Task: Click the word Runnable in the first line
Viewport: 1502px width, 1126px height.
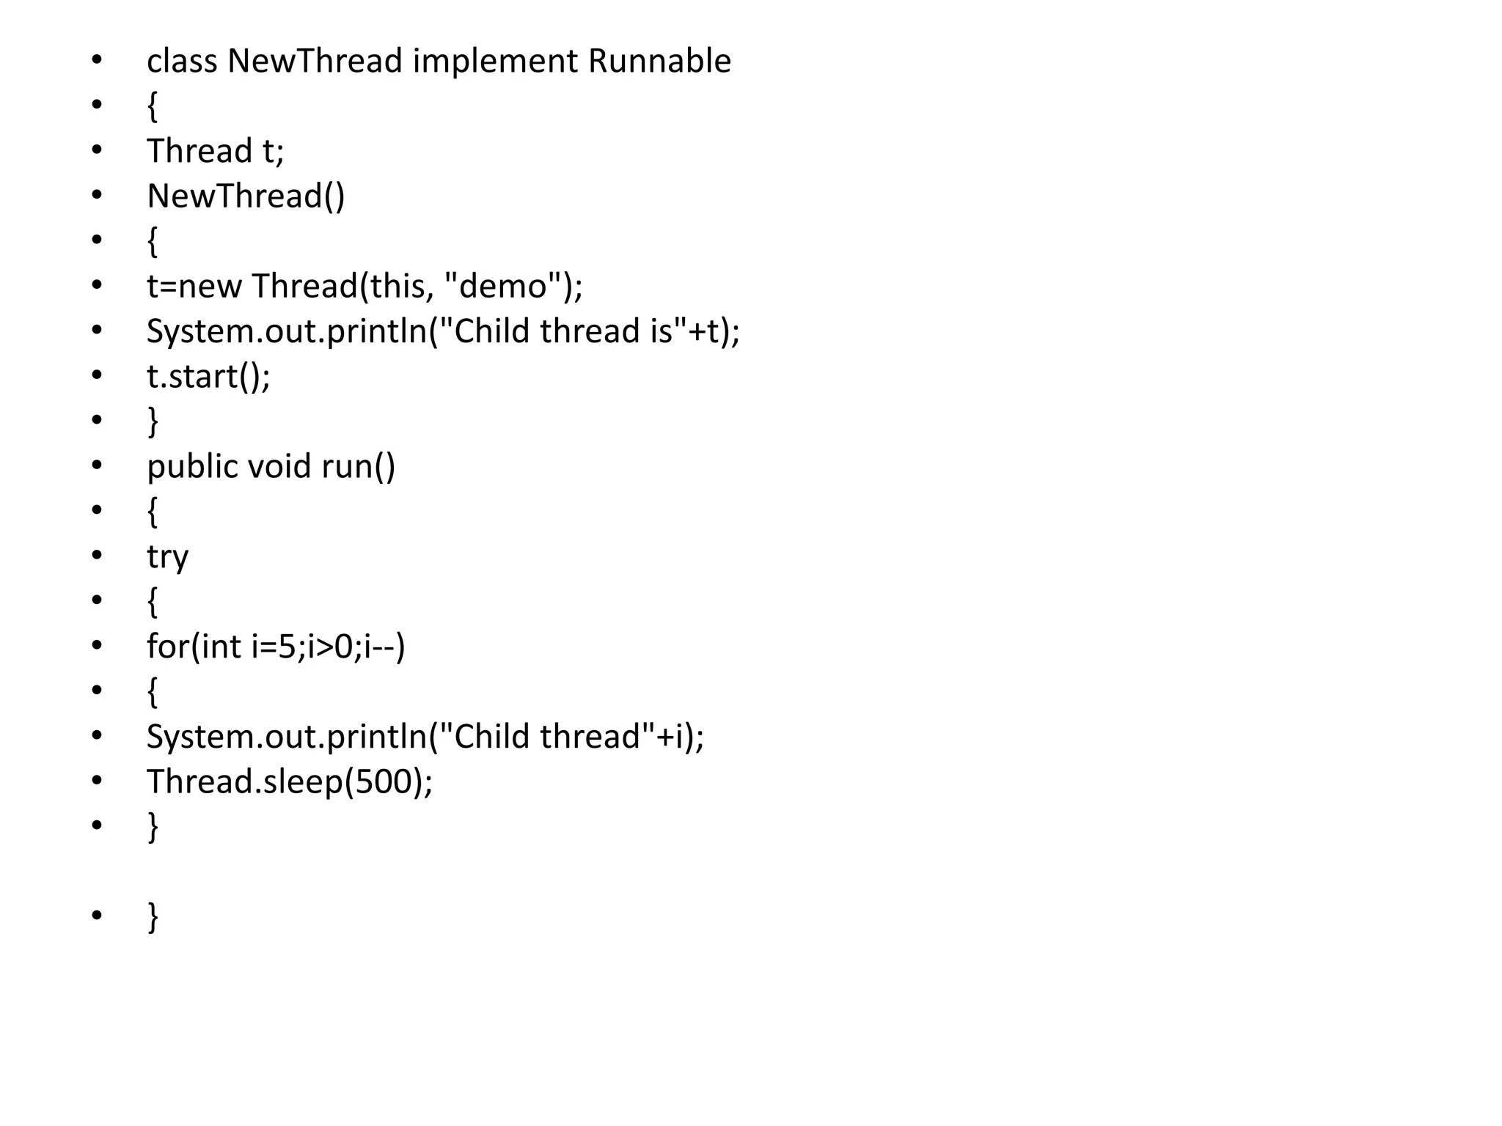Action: pos(659,61)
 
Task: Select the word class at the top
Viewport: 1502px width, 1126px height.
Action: pos(182,61)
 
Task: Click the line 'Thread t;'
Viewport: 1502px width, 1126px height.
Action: pos(215,151)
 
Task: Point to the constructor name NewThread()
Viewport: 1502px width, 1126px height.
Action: pos(246,196)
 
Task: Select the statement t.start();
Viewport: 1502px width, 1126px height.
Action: pos(208,376)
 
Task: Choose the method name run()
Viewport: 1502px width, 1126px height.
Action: pos(359,466)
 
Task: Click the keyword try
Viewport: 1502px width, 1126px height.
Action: pos(167,558)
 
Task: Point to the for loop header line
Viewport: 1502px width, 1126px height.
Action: pos(276,647)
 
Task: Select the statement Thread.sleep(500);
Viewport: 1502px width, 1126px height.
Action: pos(290,781)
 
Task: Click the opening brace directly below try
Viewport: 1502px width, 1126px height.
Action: pos(153,602)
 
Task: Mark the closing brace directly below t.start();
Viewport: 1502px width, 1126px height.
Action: pos(153,422)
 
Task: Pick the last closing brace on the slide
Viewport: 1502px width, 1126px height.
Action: pos(153,916)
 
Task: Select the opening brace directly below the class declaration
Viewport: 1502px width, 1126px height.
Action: pos(153,106)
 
